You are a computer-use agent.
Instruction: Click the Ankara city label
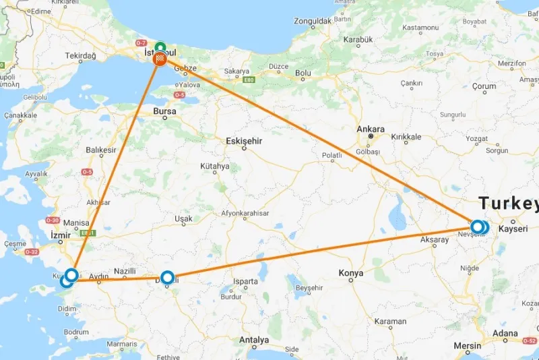[x=371, y=129]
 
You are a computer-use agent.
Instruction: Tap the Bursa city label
[x=164, y=111]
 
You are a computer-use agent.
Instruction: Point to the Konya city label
[x=351, y=273]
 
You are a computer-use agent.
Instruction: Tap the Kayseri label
[x=513, y=229]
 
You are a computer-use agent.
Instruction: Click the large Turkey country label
[x=509, y=204]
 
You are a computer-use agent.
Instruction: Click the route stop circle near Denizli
[x=168, y=276]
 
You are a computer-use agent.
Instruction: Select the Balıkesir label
[x=101, y=150]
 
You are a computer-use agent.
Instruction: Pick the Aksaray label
[x=434, y=239]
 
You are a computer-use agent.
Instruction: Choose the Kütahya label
[x=214, y=166]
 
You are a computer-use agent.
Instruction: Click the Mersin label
[x=468, y=347]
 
